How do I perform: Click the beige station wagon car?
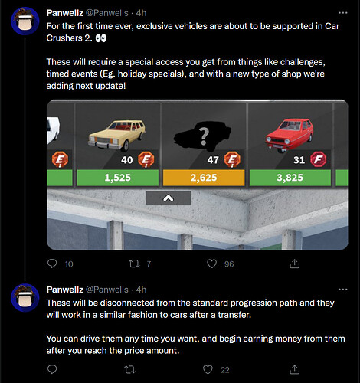pyautogui.click(x=117, y=135)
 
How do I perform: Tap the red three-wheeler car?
pyautogui.click(x=290, y=136)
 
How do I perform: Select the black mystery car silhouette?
pyautogui.click(x=202, y=136)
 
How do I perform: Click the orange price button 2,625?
pyautogui.click(x=204, y=178)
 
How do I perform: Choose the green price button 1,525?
pyautogui.click(x=118, y=178)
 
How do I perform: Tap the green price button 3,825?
pyautogui.click(x=290, y=178)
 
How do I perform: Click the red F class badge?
pyautogui.click(x=319, y=159)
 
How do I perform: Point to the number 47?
pyautogui.click(x=213, y=160)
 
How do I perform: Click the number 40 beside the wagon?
pyautogui.click(x=127, y=160)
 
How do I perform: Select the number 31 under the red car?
pyautogui.click(x=299, y=160)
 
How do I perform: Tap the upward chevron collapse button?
pyautogui.click(x=169, y=198)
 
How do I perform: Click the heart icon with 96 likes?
pyautogui.click(x=211, y=264)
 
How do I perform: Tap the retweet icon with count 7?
pyautogui.click(x=134, y=264)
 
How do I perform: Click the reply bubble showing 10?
pyautogui.click(x=52, y=264)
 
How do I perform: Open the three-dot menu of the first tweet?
pyautogui.click(x=342, y=13)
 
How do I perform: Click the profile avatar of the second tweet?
pyautogui.click(x=25, y=297)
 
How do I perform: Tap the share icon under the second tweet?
pyautogui.click(x=294, y=369)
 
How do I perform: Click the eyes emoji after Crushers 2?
pyautogui.click(x=101, y=38)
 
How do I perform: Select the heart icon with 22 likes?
pyautogui.click(x=208, y=369)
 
